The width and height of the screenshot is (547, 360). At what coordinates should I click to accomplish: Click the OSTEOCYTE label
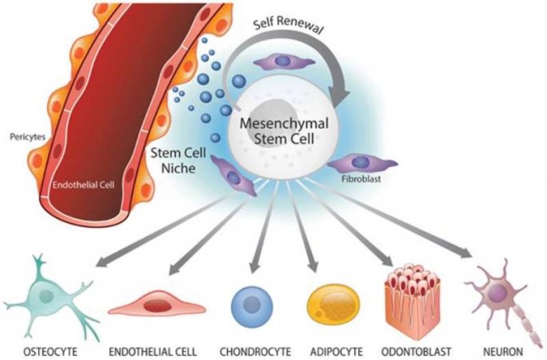click(50, 351)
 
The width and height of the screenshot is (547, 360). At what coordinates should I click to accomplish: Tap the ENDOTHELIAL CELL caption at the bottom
click(153, 351)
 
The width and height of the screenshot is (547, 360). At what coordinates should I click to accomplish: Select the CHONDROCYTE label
click(256, 351)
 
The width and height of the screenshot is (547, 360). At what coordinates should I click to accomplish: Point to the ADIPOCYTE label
click(336, 351)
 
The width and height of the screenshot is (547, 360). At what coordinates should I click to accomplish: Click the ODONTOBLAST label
click(416, 351)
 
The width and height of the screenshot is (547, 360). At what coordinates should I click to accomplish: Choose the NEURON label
click(503, 351)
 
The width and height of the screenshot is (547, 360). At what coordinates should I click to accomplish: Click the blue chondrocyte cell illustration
click(252, 306)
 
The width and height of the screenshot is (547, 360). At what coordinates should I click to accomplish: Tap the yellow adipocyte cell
click(334, 305)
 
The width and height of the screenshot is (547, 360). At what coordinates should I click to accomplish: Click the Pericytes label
click(28, 137)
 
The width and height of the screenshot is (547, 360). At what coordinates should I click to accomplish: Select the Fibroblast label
click(361, 179)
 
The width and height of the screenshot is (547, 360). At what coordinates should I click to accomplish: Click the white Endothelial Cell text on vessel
click(83, 185)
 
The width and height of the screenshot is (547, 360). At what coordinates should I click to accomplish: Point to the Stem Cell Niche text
click(178, 160)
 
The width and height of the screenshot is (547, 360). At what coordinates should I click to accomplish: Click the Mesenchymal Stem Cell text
click(284, 131)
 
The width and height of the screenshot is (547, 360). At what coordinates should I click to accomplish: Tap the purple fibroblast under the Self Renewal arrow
click(284, 62)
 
